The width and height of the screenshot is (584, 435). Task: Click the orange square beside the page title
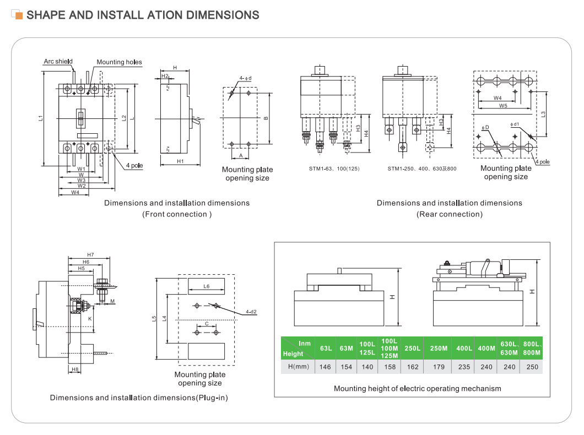(x=19, y=16)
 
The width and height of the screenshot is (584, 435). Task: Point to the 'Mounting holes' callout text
(x=119, y=62)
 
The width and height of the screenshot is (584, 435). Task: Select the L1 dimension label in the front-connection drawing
(x=41, y=118)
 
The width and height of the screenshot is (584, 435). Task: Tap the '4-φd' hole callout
(x=245, y=78)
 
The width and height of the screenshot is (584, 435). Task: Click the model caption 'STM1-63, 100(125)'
(x=334, y=168)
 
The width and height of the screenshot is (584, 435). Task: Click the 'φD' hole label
(x=485, y=127)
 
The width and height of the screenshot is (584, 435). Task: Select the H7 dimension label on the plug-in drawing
(x=90, y=254)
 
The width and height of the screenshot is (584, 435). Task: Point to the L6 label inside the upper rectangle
(x=206, y=286)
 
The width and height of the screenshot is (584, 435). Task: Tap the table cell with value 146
(x=325, y=367)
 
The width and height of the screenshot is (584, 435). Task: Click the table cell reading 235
(x=464, y=367)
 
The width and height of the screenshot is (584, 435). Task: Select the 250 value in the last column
(x=532, y=367)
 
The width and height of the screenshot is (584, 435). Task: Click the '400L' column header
(x=464, y=348)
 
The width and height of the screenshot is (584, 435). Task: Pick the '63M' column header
(x=347, y=348)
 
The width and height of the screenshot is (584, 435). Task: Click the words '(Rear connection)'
(x=449, y=214)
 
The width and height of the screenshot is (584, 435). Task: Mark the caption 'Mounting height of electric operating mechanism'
(x=417, y=388)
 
